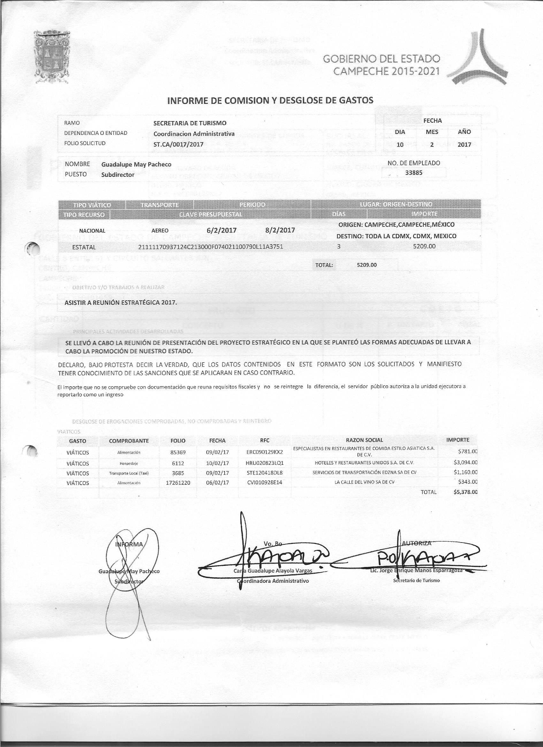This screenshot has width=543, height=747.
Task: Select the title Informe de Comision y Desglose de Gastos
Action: click(x=270, y=100)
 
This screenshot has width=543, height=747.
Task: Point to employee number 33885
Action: click(x=414, y=173)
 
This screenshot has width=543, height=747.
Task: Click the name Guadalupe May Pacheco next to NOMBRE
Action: click(x=136, y=164)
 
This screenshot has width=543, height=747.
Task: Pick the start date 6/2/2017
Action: click(x=221, y=230)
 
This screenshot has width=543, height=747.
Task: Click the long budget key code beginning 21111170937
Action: click(x=211, y=247)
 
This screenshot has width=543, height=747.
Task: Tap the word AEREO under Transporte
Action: click(x=160, y=231)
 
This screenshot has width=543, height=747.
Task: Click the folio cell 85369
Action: click(x=178, y=452)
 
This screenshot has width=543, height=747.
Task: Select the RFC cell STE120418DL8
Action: click(x=264, y=473)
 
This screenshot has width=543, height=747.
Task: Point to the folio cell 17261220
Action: click(x=178, y=482)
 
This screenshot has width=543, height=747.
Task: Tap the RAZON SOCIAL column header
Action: click(x=364, y=440)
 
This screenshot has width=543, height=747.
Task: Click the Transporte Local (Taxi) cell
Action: click(x=129, y=473)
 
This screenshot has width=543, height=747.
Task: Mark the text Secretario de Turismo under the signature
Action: click(x=416, y=580)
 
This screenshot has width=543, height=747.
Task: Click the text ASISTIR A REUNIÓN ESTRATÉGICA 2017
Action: click(x=121, y=302)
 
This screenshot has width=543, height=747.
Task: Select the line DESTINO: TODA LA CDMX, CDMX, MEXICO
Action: click(x=396, y=236)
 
